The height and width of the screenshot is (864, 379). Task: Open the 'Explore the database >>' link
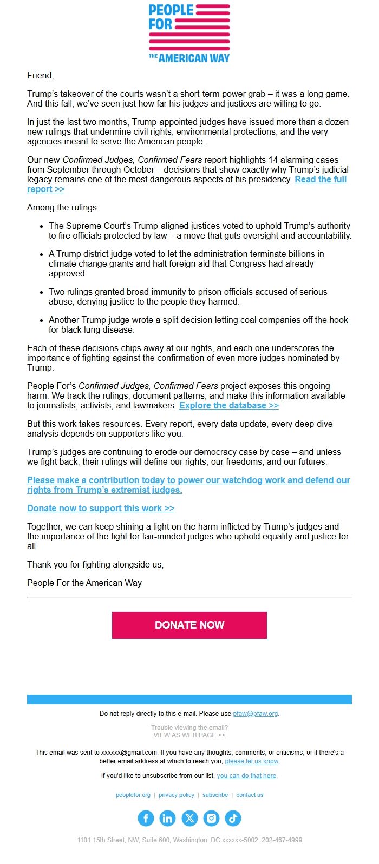pyautogui.click(x=228, y=406)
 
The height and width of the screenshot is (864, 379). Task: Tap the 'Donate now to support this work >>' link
pyautogui.click(x=101, y=509)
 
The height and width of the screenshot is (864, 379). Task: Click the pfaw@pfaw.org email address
pyautogui.click(x=256, y=714)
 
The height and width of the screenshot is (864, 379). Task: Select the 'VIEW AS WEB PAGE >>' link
pyautogui.click(x=189, y=735)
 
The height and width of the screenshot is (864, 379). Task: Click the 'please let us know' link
pyautogui.click(x=251, y=761)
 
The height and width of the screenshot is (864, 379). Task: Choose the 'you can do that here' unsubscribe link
pyautogui.click(x=246, y=776)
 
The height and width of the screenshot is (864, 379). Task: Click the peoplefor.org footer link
pyautogui.click(x=133, y=795)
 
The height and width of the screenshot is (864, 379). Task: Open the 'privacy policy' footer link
pyautogui.click(x=177, y=795)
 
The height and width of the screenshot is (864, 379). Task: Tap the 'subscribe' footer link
pyautogui.click(x=215, y=795)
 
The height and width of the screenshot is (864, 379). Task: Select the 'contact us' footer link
pyautogui.click(x=250, y=795)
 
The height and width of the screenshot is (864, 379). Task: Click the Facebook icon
pyautogui.click(x=146, y=818)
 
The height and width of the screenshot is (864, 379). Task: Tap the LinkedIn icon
pyautogui.click(x=167, y=818)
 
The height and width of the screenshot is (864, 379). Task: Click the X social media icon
pyautogui.click(x=190, y=818)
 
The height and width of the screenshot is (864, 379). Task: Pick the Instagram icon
pyautogui.click(x=211, y=818)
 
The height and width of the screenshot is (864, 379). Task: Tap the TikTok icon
pyautogui.click(x=233, y=818)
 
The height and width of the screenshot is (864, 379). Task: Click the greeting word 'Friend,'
pyautogui.click(x=41, y=76)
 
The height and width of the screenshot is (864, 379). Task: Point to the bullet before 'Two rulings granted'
pyautogui.click(x=42, y=293)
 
